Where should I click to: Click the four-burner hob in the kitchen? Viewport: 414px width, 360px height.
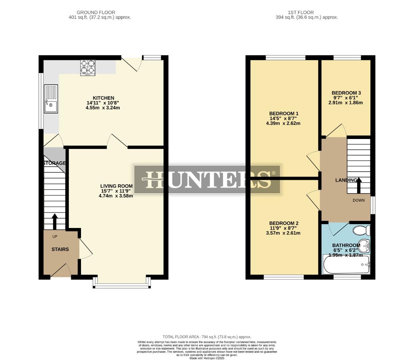88,67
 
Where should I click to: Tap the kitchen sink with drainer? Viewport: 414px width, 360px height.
51,99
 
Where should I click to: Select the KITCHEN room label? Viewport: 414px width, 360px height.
103,98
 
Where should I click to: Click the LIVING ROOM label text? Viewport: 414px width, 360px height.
116,186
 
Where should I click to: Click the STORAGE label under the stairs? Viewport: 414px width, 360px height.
55,163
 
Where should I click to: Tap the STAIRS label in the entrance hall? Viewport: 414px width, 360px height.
60,249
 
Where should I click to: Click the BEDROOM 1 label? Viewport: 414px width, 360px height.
284,113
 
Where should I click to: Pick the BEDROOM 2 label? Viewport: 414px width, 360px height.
284,223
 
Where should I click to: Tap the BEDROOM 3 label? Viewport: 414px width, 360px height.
346,93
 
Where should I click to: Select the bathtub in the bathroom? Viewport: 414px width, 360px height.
346,264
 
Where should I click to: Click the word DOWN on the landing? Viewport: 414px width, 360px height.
359,200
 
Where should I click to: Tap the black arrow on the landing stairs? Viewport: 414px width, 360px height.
359,185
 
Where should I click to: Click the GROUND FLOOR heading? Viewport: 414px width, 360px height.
96,12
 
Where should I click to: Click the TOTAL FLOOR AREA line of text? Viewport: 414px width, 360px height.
207,337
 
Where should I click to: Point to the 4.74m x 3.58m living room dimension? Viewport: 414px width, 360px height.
116,196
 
